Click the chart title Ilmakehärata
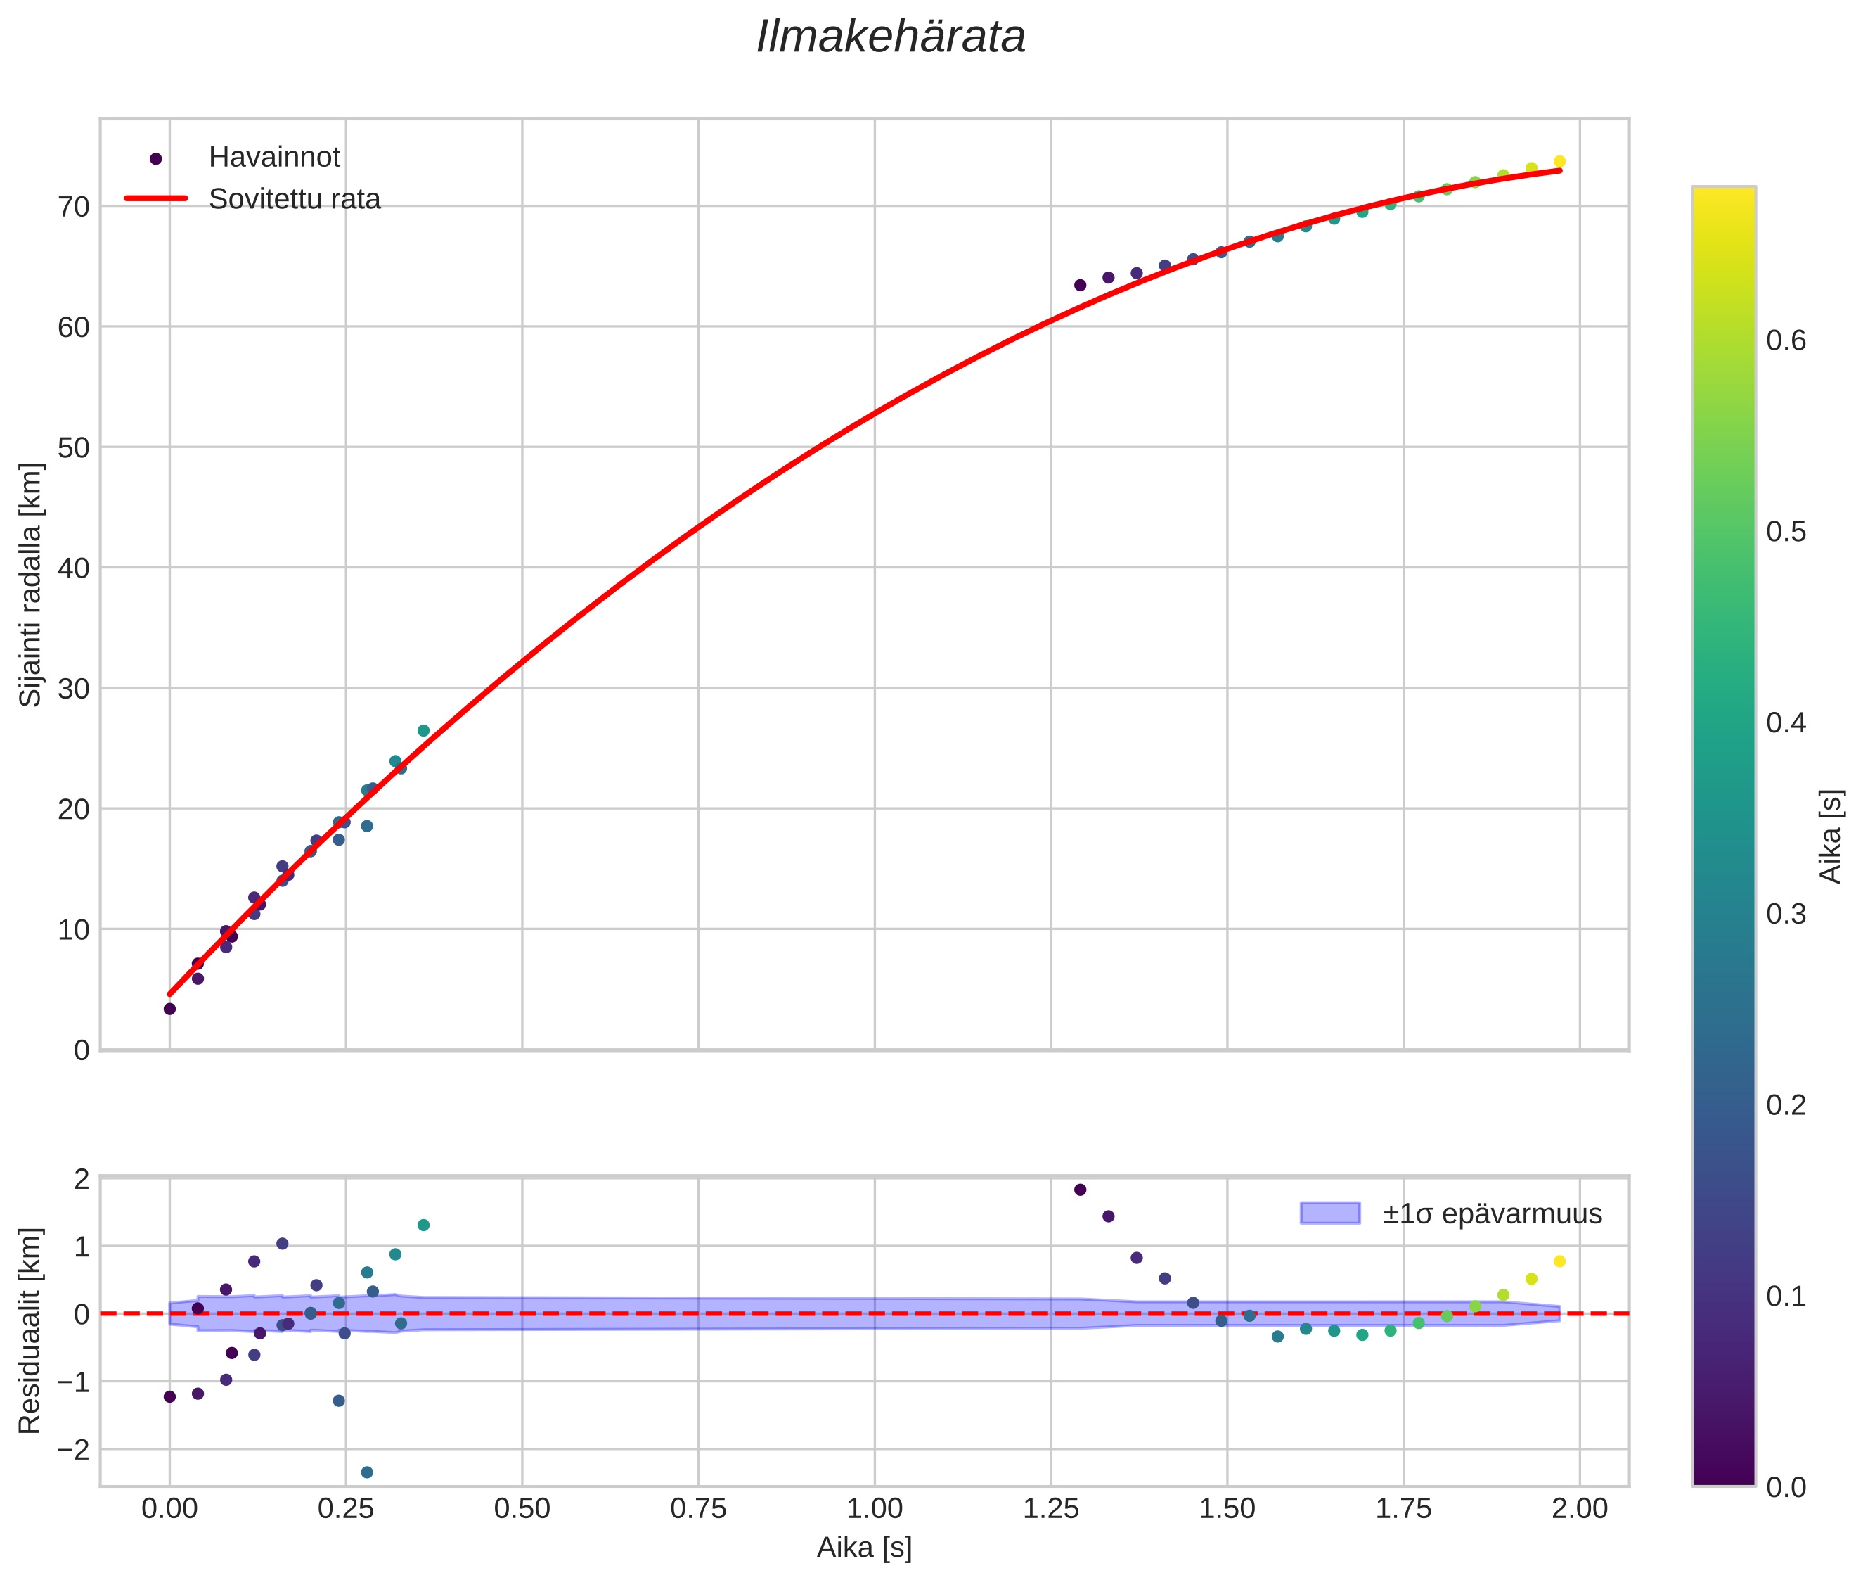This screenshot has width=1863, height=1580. pos(890,37)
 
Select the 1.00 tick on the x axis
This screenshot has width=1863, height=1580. pos(874,1509)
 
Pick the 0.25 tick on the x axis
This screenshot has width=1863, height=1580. pos(346,1509)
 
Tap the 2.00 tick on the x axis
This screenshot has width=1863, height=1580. pos(1579,1509)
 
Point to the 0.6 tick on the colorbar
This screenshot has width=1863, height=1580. pos(1786,341)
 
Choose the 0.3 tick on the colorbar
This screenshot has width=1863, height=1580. pos(1786,915)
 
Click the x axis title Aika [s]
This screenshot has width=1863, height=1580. pos(864,1548)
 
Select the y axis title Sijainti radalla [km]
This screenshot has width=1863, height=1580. pos(32,585)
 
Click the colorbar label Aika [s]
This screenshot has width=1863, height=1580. pos(1831,836)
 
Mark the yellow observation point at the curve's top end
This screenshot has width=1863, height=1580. pos(1559,161)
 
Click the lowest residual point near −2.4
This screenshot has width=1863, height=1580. pos(367,1472)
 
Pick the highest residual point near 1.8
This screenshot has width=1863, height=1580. pos(1080,1190)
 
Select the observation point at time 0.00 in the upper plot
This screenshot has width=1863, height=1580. pos(169,1009)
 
